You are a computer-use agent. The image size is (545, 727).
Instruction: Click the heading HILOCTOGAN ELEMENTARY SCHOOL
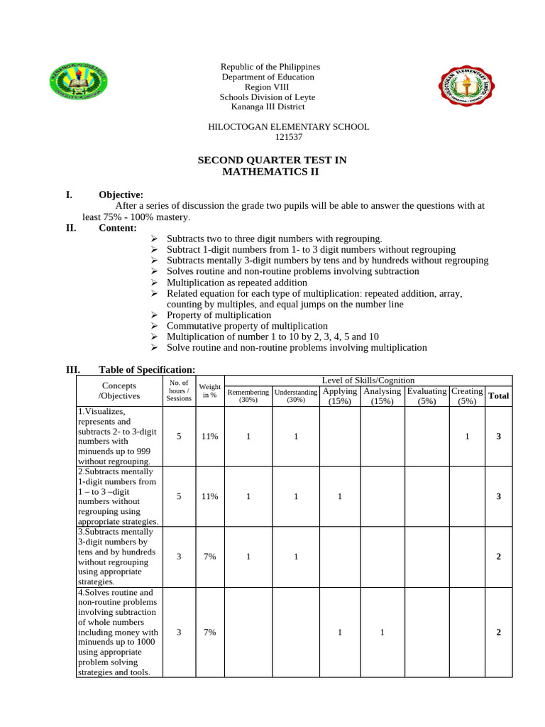pos(288,127)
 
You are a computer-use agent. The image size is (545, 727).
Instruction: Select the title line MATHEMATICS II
pos(271,172)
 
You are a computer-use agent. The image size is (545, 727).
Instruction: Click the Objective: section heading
pos(121,195)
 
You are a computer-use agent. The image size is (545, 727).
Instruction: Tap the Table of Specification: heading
pos(146,369)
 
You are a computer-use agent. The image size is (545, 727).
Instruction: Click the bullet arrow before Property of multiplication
pos(154,315)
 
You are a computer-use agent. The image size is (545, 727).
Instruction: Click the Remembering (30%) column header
pos(248,395)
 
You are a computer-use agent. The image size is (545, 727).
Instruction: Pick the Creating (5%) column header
pos(467,395)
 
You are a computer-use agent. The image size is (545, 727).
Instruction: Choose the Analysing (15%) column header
pos(382,395)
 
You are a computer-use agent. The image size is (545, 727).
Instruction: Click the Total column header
pos(498,395)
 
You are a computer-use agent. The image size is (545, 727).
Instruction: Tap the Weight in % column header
pos(209,390)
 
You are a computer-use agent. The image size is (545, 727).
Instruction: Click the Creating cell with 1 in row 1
pos(467,437)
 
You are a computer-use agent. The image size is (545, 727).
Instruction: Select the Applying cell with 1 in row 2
pos(340,497)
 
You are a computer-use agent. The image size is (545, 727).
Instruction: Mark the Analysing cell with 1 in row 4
pos(382,633)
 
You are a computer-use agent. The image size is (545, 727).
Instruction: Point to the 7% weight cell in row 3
pos(209,557)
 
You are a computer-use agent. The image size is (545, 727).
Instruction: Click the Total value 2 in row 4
pos(498,633)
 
